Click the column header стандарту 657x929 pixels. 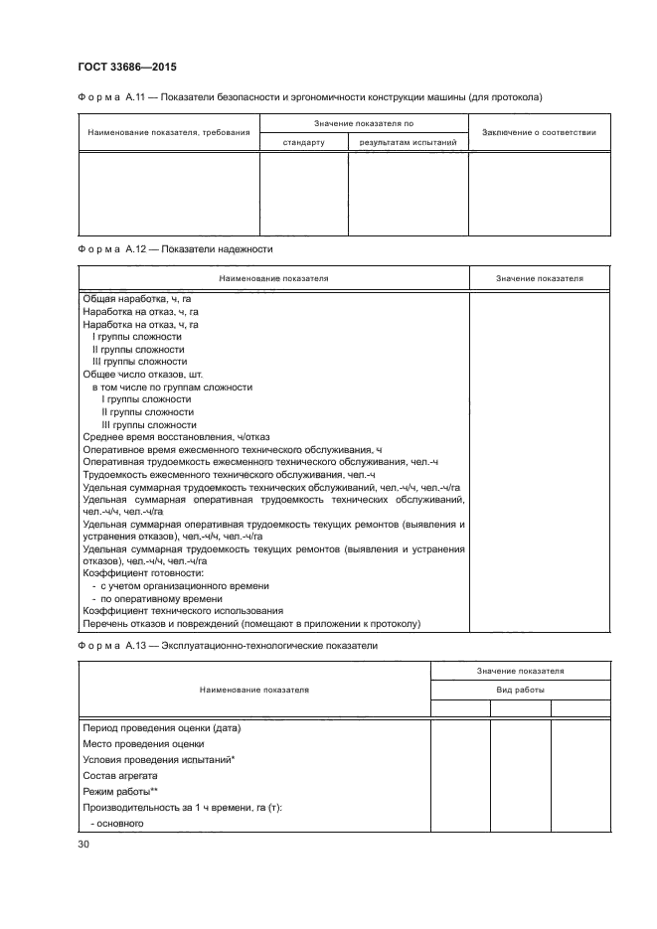[x=303, y=142]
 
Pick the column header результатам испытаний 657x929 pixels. [x=408, y=142]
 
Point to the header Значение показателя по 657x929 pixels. [x=363, y=123]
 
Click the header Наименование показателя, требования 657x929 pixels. [x=168, y=132]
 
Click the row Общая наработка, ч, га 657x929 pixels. [x=139, y=299]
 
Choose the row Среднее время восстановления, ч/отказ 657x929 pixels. [x=176, y=437]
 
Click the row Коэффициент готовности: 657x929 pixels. [x=143, y=573]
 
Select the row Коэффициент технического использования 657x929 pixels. [x=183, y=611]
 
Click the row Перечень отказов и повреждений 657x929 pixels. [x=252, y=624]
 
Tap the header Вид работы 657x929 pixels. [x=521, y=689]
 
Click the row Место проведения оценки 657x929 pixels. [x=143, y=743]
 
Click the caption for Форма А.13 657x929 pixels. [x=228, y=647]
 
